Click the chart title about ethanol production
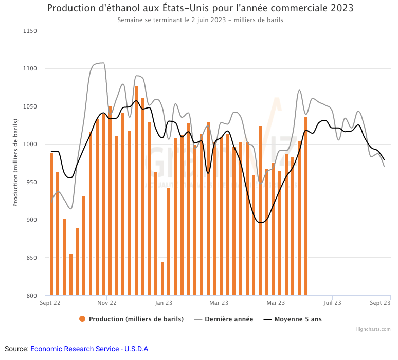200,9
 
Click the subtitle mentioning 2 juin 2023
200,20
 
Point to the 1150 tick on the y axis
30,31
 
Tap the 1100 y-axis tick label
30,68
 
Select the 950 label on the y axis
32,182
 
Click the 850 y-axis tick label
32,258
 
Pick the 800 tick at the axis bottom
32,296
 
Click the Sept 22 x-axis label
50,303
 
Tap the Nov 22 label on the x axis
106,303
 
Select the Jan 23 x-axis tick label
164,303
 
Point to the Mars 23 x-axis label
219,303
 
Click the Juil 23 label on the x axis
332,303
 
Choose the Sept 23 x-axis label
380,303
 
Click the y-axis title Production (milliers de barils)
15,163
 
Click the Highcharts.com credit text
373,329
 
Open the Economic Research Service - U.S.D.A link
89,349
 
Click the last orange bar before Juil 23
306,206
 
